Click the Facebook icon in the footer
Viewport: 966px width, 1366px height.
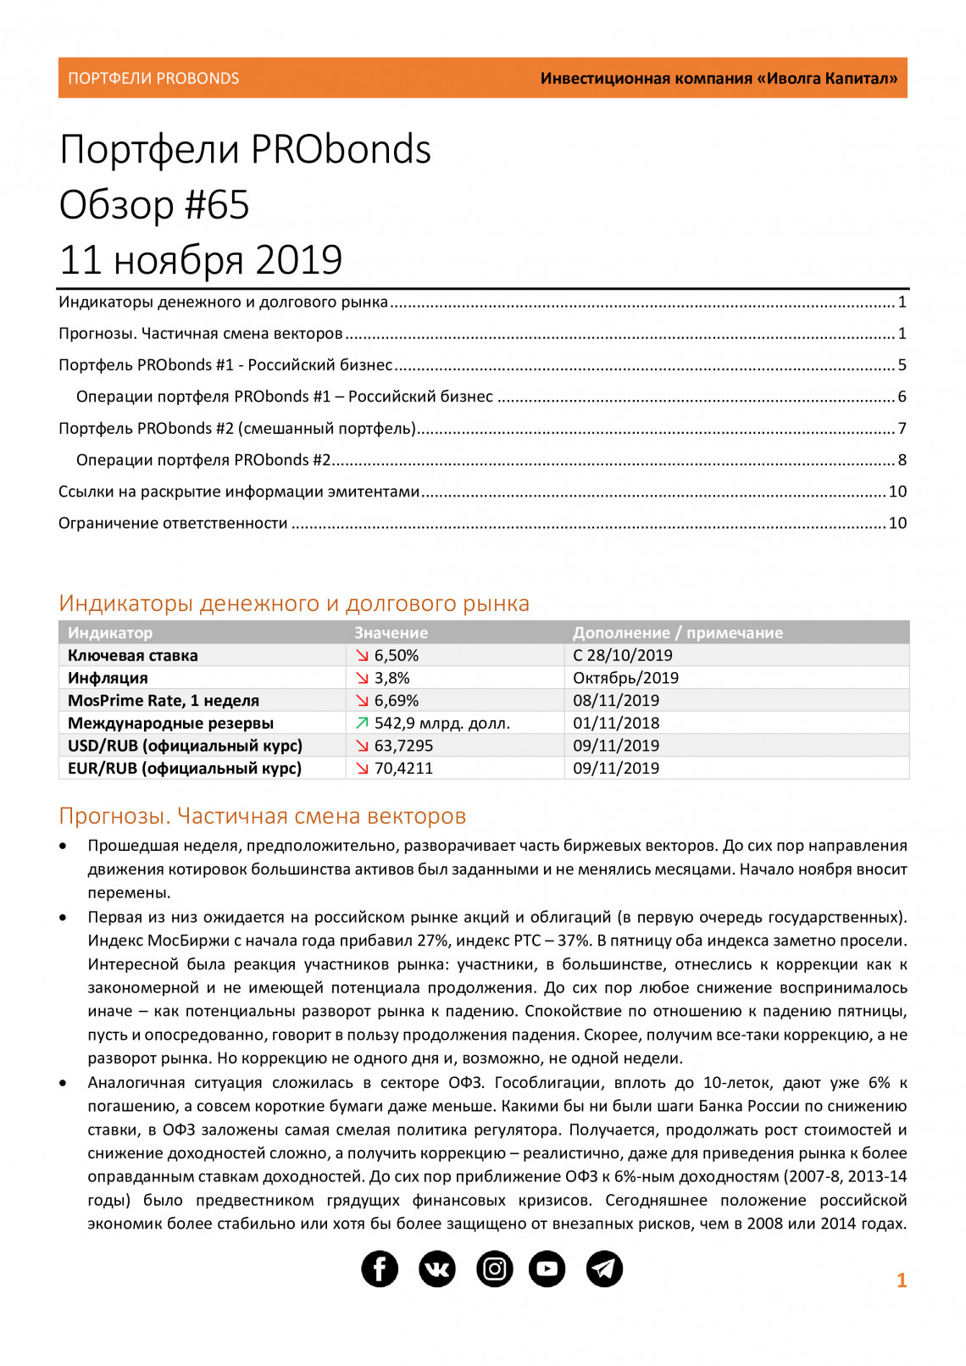coord(380,1269)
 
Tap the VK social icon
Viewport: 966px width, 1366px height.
coord(437,1269)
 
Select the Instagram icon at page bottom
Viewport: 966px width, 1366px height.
coord(494,1269)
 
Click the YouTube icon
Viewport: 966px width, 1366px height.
coord(547,1269)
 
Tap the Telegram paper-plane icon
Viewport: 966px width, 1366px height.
coord(604,1269)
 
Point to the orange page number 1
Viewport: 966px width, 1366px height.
coord(902,1280)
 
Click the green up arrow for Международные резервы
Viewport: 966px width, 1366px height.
coord(362,723)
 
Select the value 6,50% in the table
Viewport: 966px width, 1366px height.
coord(397,655)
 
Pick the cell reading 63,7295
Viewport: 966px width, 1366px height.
coord(403,746)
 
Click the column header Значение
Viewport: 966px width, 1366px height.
coord(391,632)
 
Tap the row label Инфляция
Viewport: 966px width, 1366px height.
coord(108,678)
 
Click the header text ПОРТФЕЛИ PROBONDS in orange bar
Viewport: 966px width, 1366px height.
coord(153,78)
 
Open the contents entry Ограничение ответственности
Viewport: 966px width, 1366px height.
coord(173,523)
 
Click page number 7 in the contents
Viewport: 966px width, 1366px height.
coord(902,428)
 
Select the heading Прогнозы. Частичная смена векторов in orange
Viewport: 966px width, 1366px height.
coord(262,815)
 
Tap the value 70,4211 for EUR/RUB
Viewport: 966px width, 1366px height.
coord(403,768)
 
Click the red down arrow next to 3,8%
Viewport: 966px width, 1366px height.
coord(362,678)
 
